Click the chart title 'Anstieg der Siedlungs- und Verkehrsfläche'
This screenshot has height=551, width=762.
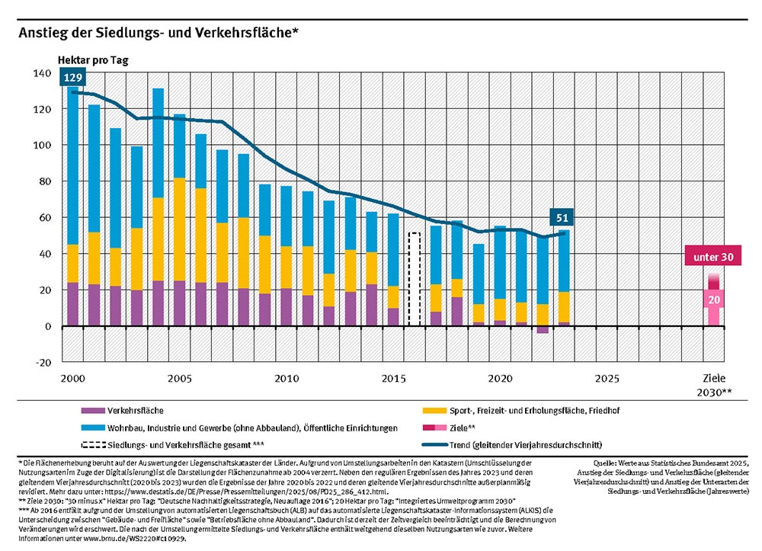point(157,33)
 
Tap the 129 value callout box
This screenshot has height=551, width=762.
point(74,78)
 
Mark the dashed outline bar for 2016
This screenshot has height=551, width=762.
point(415,280)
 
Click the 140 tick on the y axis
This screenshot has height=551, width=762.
point(42,73)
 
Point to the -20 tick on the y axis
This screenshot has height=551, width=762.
point(42,363)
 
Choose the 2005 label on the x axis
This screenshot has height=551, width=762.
point(180,379)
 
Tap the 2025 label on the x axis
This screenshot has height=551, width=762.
point(607,379)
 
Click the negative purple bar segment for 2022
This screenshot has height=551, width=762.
point(543,330)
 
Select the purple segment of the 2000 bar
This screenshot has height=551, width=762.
point(73,304)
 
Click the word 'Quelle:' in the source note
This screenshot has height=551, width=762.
point(607,463)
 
